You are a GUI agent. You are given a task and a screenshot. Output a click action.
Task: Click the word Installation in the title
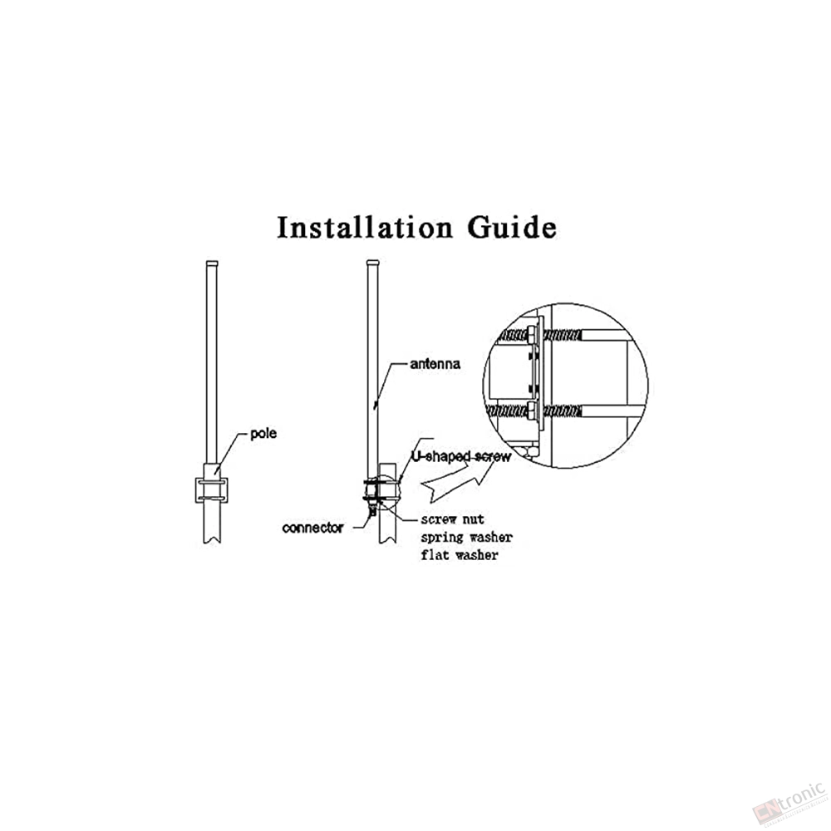click(365, 227)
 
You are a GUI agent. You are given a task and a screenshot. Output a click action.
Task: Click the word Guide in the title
click(512, 227)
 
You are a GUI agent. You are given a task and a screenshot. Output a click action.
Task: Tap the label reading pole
click(263, 434)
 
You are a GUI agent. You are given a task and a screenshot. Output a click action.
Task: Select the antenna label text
click(435, 364)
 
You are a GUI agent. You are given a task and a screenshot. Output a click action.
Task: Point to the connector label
click(312, 528)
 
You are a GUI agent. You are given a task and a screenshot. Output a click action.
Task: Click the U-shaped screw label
click(461, 456)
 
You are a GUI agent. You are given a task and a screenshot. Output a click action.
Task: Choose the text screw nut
click(453, 519)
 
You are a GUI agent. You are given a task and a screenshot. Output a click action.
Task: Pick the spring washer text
click(467, 538)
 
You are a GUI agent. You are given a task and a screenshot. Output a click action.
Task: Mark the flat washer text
click(460, 555)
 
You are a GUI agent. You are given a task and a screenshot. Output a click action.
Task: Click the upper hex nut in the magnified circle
click(532, 336)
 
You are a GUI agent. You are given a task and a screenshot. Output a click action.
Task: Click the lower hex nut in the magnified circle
click(532, 411)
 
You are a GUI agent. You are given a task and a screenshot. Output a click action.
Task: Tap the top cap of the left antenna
click(211, 263)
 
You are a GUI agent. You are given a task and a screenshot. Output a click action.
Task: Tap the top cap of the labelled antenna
click(373, 263)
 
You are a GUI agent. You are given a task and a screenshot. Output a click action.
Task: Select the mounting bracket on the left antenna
click(211, 489)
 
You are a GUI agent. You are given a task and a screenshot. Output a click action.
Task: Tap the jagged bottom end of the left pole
click(211, 540)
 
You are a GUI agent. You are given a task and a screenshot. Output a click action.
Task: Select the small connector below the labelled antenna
click(373, 510)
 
